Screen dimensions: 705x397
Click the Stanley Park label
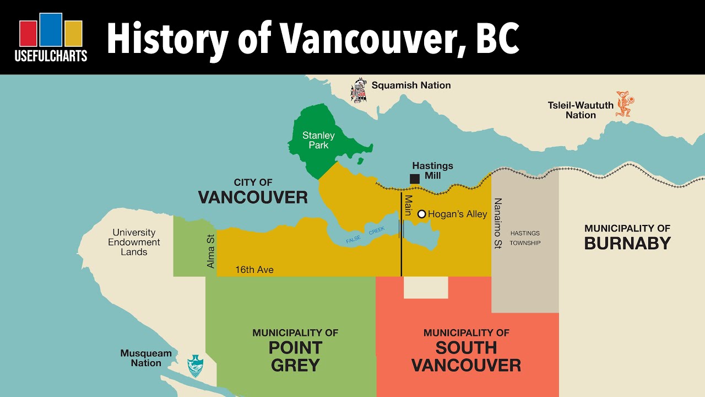[318, 140]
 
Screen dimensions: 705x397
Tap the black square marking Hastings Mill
[415, 179]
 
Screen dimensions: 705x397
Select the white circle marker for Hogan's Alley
[421, 214]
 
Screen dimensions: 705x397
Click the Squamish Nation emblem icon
[359, 91]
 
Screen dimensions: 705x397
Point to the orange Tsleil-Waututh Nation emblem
[624, 104]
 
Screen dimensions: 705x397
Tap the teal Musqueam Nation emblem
[195, 365]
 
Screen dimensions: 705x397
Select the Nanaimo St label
[498, 223]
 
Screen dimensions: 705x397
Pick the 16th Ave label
[254, 270]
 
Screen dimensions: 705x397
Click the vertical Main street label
[409, 205]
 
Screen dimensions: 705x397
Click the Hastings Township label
[525, 238]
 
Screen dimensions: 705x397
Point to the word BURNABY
[627, 243]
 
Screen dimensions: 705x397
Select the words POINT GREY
[295, 356]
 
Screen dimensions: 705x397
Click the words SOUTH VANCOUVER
[466, 356]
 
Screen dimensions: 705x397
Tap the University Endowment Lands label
[134, 242]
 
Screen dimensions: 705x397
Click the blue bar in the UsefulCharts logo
[51, 30]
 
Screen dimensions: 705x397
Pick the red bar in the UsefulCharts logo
[28, 34]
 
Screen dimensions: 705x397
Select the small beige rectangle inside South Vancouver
[426, 287]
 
